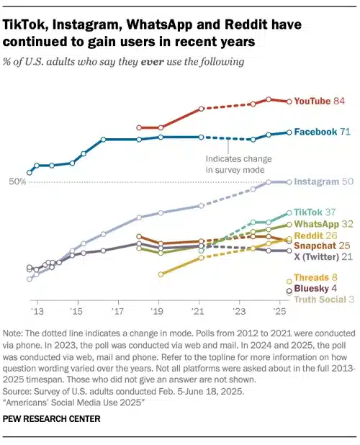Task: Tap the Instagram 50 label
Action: pos(323,182)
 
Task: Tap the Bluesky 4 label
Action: pos(319,289)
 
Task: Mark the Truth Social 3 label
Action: pos(325,300)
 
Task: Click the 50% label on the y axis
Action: pos(17,182)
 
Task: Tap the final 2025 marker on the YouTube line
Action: pos(289,102)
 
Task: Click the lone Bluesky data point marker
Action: pos(289,290)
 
